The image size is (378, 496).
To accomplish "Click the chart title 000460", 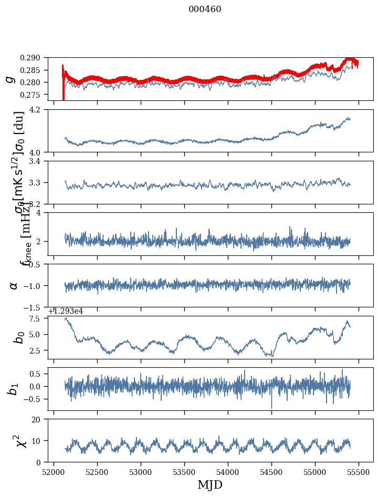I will pos(205,9).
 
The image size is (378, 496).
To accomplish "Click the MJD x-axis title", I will pos(210,484).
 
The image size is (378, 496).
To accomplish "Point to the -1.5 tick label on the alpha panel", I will pos(37,307).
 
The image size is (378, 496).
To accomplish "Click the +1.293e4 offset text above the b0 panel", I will pos(66,311).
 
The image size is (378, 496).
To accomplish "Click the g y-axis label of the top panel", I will pos(9,79).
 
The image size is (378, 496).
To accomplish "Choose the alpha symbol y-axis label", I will pos(13,285).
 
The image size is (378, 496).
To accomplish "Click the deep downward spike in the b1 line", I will pos(271,407).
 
